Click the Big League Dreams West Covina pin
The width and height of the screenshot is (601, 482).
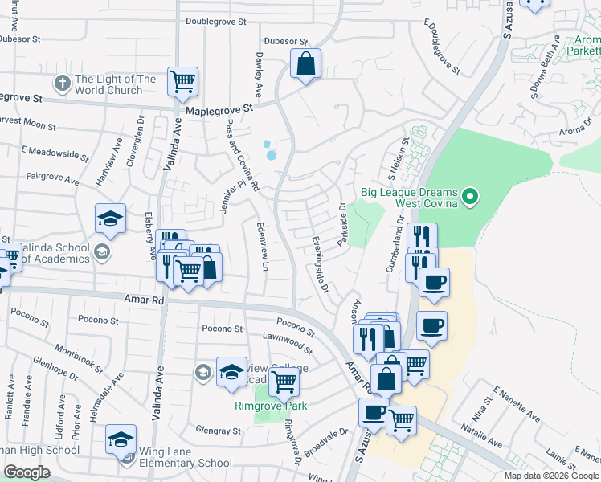point(472,196)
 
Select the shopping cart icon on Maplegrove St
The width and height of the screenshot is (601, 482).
point(182,80)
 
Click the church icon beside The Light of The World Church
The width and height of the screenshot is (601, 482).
point(63,84)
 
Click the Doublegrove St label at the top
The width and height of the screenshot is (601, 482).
point(215,22)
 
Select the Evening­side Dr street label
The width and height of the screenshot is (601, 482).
point(321,262)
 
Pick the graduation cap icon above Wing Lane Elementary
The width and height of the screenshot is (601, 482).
point(121,439)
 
